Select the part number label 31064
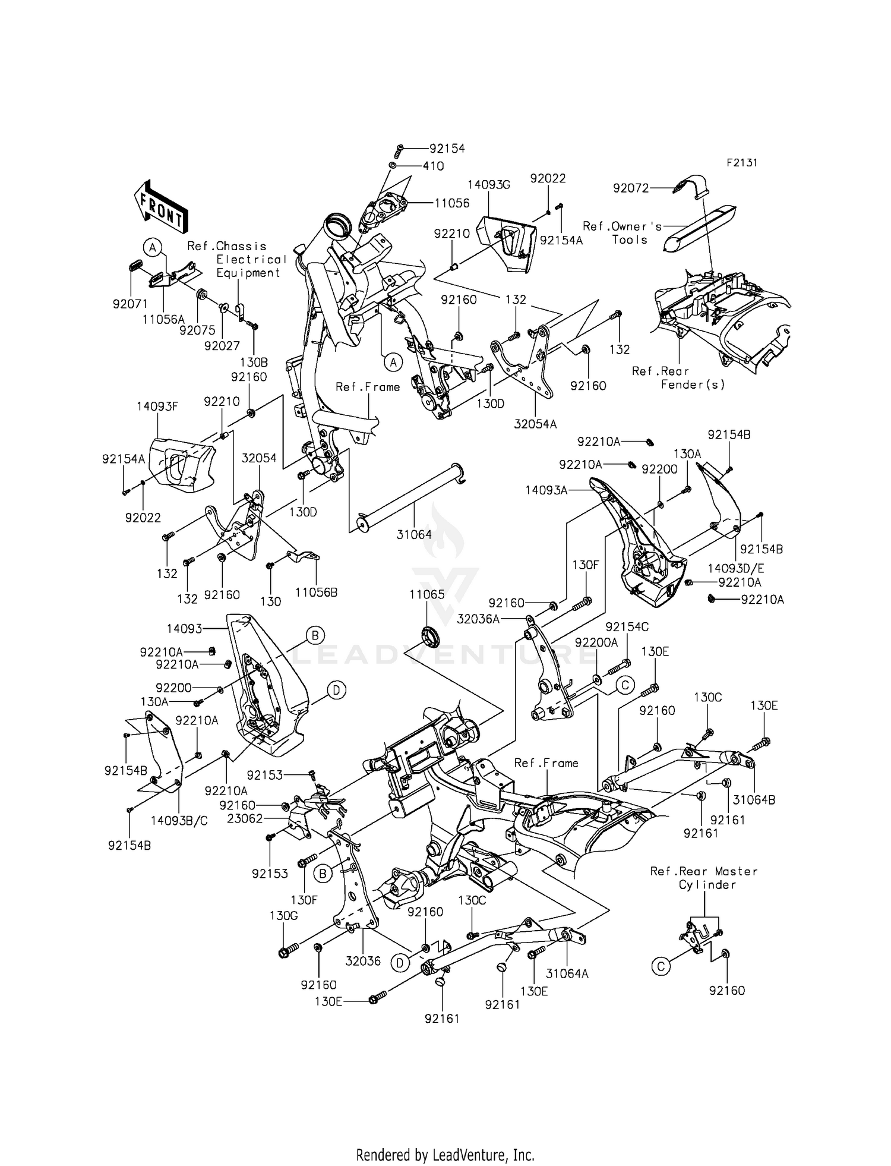pos(414,534)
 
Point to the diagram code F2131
pos(741,163)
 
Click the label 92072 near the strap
pos(631,188)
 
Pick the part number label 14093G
pos(488,185)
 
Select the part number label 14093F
pos(157,406)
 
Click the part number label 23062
pos(245,818)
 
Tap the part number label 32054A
pos(535,424)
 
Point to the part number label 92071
pos(130,304)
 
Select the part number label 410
pos(433,166)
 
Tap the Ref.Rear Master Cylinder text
pos(704,878)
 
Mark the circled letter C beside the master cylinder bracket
pos(661,967)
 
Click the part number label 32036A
pos(478,619)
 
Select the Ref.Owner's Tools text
pos(622,232)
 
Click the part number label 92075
pos(197,330)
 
